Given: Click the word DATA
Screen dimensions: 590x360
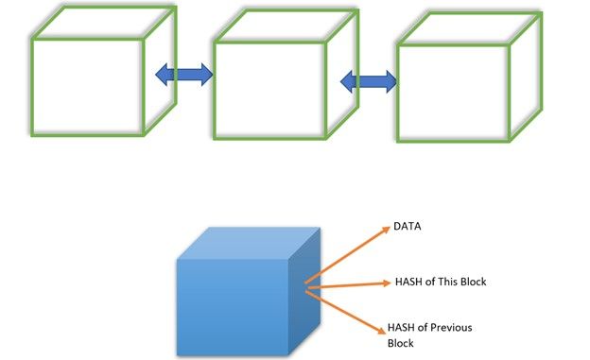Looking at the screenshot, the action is click(408, 227).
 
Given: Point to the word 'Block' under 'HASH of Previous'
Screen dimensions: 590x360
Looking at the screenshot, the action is click(400, 343).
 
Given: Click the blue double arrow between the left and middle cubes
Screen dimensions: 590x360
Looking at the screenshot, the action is click(184, 75).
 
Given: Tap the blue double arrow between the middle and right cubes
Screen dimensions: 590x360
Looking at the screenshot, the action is click(369, 81).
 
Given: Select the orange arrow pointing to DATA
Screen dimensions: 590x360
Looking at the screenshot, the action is click(348, 255).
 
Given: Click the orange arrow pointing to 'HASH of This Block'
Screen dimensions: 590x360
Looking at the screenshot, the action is click(349, 285).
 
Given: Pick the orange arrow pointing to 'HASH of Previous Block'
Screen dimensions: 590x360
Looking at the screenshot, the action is click(346, 312).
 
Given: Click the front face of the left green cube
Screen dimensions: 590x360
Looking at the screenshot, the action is click(87, 87).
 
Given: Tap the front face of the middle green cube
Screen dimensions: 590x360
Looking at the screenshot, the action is click(269, 91).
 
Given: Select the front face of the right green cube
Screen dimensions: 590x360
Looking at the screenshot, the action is click(453, 94).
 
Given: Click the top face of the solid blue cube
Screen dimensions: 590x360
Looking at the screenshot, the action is click(249, 243).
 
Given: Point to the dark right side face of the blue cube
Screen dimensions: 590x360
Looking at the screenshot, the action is click(304, 291).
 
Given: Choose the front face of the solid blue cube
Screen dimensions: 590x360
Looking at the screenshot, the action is click(233, 307).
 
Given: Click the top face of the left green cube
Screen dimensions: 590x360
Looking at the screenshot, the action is click(104, 23).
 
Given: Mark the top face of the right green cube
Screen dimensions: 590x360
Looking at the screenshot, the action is click(470, 29).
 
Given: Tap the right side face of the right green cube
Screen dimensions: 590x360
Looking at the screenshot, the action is click(526, 77).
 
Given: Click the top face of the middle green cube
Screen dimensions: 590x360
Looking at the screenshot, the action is click(286, 26).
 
